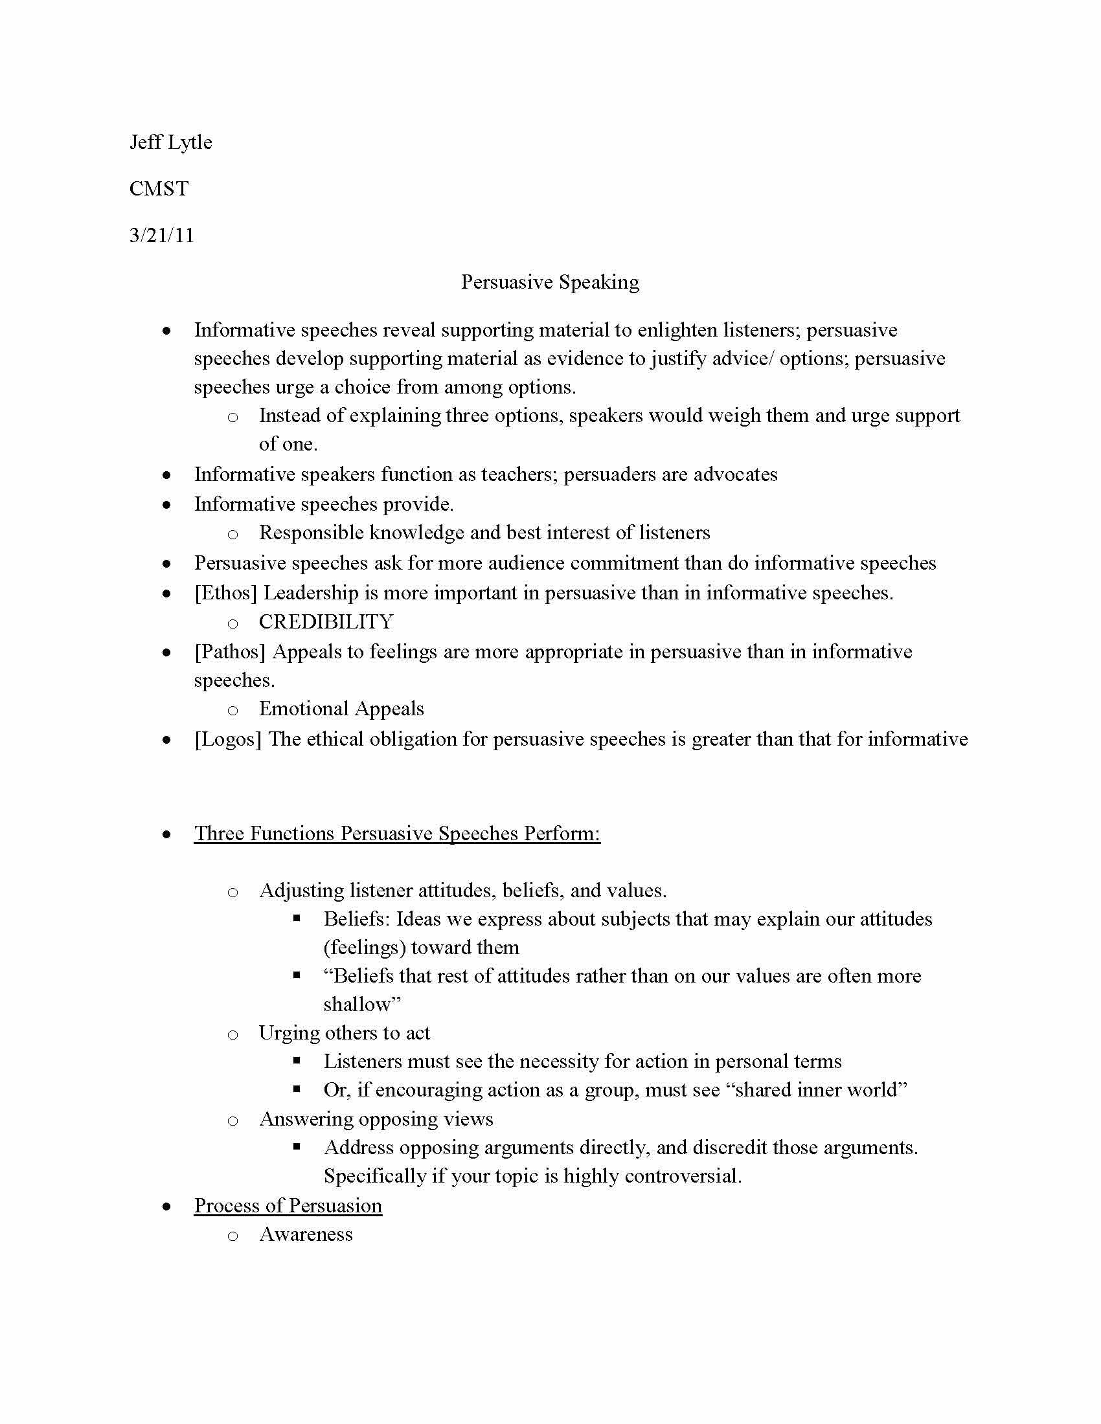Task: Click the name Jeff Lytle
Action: [x=171, y=142]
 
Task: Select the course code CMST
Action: [x=159, y=188]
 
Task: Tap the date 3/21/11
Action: [x=162, y=235]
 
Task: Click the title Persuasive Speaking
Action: [x=550, y=282]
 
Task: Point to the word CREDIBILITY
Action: [x=326, y=621]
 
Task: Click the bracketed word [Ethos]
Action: [x=225, y=593]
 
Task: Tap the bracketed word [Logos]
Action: [x=227, y=739]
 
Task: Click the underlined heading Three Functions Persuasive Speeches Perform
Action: [x=396, y=833]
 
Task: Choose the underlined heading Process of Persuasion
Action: [x=288, y=1206]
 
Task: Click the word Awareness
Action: [x=306, y=1234]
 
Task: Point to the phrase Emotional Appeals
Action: [x=341, y=709]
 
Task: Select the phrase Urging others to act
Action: [x=345, y=1033]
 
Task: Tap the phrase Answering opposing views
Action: [x=376, y=1119]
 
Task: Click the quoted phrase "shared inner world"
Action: [x=821, y=1089]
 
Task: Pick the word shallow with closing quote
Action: [x=362, y=1004]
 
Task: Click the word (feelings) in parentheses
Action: [x=364, y=948]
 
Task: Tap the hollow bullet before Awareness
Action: [x=233, y=1236]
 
